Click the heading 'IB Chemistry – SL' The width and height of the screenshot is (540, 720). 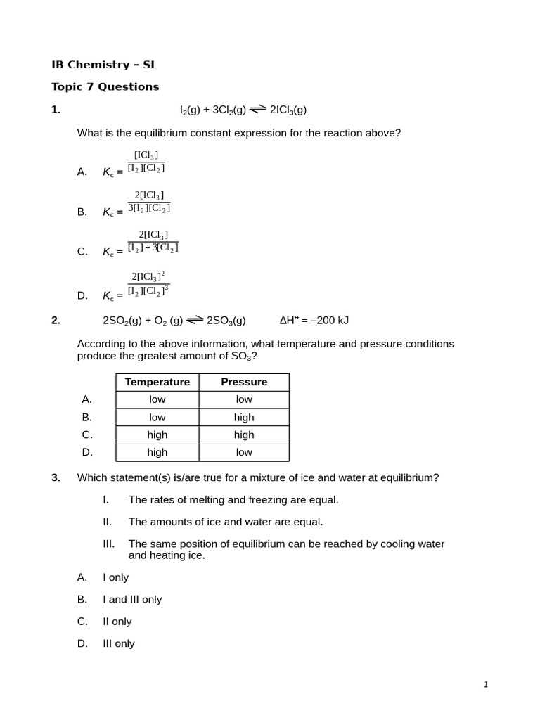tap(104, 65)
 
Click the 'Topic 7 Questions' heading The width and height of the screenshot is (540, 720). tap(105, 87)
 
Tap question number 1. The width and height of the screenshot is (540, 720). tap(56, 110)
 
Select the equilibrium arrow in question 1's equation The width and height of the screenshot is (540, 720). tap(258, 108)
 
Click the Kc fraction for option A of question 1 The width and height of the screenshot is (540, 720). tap(146, 162)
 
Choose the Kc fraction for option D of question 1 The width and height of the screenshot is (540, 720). tap(148, 283)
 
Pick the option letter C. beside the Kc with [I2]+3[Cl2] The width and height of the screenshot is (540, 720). tap(82, 252)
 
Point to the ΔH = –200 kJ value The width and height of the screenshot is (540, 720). tap(314, 321)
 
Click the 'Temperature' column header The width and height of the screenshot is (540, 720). tap(157, 382)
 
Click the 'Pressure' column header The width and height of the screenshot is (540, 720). tap(244, 382)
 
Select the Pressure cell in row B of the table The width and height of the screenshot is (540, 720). tap(244, 417)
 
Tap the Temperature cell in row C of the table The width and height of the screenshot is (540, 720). tap(157, 435)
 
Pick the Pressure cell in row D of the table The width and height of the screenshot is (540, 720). tap(244, 452)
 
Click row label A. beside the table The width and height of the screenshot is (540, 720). tap(87, 399)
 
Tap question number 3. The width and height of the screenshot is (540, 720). tap(56, 477)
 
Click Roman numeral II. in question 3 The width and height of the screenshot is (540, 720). tap(108, 522)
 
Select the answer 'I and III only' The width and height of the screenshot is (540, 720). tap(132, 600)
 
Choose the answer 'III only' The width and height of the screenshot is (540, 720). tap(119, 644)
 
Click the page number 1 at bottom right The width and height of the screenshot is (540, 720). tap(486, 685)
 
